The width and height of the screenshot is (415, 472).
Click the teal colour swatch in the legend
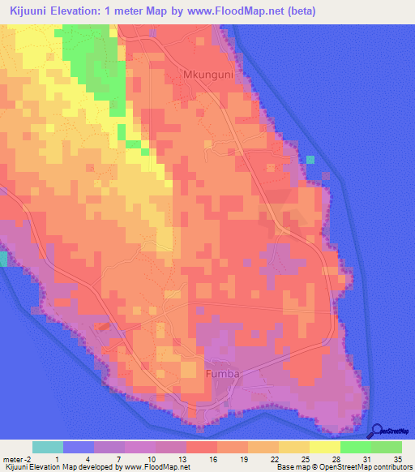(x=48, y=447)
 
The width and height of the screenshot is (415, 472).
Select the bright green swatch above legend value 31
(x=355, y=447)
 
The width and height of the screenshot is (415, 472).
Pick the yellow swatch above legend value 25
(x=293, y=447)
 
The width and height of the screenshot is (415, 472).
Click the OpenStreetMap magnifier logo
(x=379, y=432)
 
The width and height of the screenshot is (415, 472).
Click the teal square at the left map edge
(x=3, y=259)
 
